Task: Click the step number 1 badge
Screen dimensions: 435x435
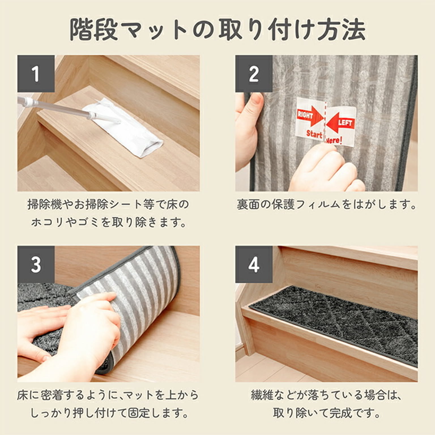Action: (x=36, y=74)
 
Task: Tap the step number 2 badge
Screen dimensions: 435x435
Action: (x=254, y=74)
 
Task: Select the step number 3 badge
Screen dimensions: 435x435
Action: (x=36, y=265)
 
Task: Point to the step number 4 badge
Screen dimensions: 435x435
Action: (x=254, y=265)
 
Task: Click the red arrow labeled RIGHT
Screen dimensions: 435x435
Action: (x=310, y=118)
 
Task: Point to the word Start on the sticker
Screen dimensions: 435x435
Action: (x=314, y=134)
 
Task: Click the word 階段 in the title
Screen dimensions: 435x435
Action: (x=93, y=30)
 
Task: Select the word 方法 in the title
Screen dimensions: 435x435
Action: (x=341, y=29)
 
